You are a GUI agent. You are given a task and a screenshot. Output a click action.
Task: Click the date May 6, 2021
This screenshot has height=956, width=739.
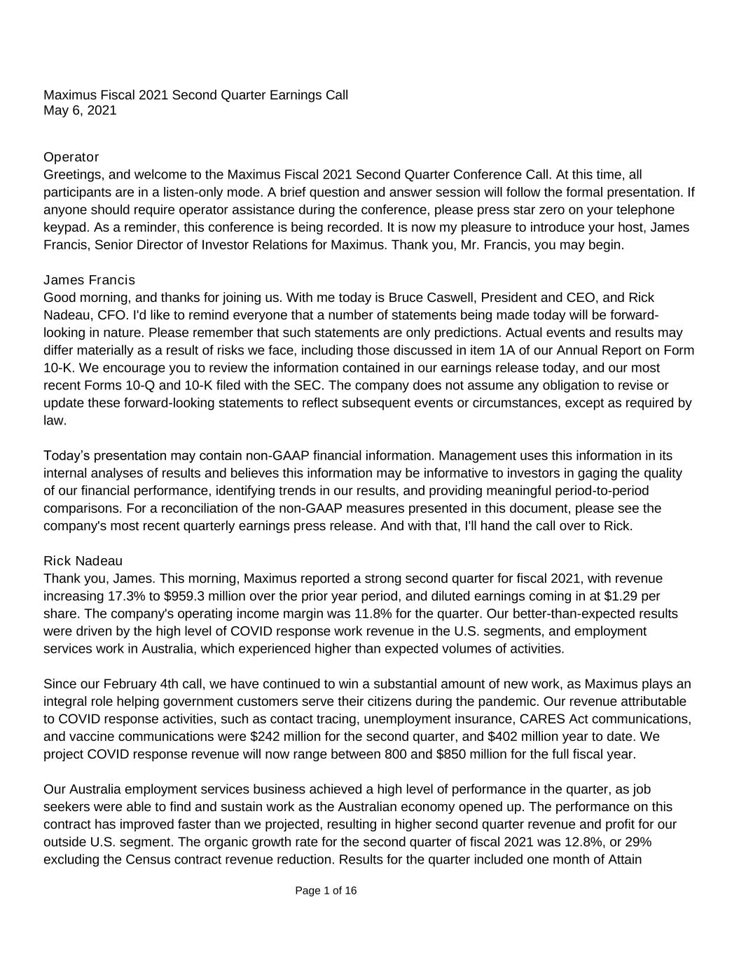coord(80,111)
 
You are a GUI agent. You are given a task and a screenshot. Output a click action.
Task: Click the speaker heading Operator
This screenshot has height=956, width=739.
coord(71,157)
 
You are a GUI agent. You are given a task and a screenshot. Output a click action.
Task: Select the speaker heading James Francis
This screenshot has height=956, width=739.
coord(89,280)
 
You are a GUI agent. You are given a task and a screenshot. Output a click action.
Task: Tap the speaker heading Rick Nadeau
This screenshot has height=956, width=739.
coord(83,561)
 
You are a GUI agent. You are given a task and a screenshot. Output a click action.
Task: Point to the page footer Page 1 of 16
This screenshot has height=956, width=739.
coord(326,891)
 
